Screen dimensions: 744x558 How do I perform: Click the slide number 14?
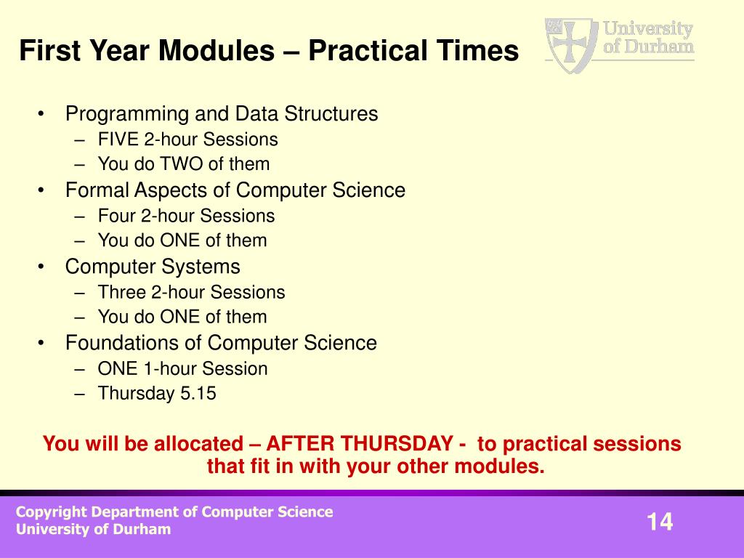coord(660,522)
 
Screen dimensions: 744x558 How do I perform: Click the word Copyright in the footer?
coord(52,512)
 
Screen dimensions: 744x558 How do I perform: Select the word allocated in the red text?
coord(198,444)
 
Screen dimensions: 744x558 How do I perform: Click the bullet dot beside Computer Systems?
coord(41,267)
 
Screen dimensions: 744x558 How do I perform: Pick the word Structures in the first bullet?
coord(331,114)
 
